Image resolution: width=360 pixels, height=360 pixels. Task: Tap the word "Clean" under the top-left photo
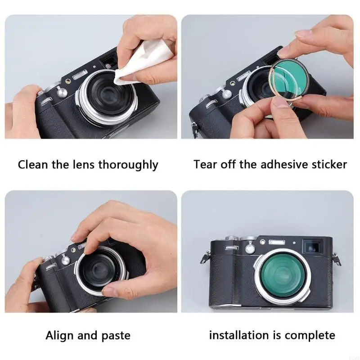coord(32,165)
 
